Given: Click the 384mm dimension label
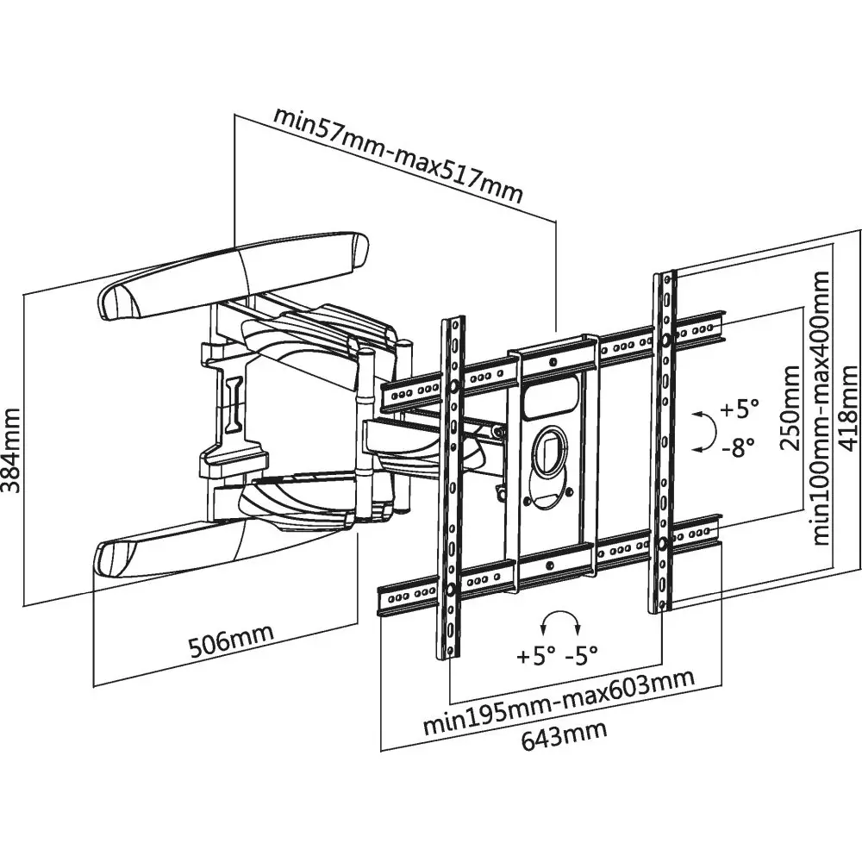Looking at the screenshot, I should (x=14, y=448).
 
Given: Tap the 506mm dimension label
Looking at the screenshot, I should (x=231, y=640).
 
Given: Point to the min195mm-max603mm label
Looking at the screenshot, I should (x=559, y=702).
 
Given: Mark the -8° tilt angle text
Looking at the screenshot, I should (x=738, y=446).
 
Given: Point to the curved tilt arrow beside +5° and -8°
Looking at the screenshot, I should (x=704, y=430).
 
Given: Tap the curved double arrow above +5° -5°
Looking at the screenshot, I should (x=558, y=622).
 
